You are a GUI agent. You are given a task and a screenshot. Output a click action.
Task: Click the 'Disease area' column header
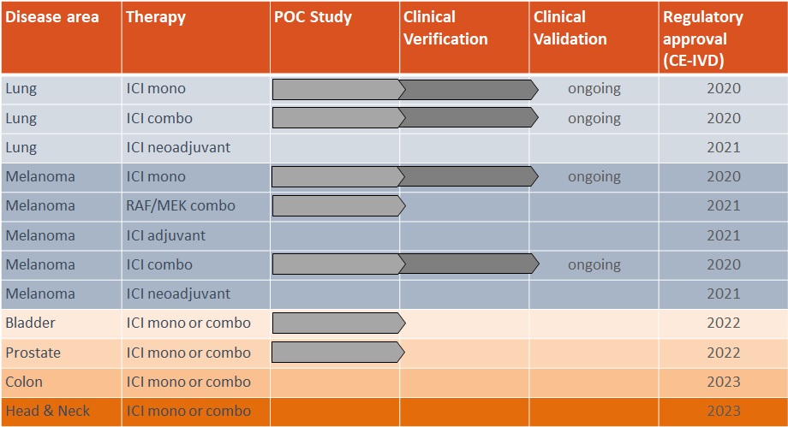[x=52, y=17]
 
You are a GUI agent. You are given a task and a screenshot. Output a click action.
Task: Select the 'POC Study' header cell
[x=313, y=17]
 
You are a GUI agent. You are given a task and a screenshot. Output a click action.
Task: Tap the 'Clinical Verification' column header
[x=445, y=28]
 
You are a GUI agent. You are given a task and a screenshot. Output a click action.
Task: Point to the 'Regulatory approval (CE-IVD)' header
[x=703, y=39]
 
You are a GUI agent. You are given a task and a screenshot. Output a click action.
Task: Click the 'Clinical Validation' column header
[x=570, y=28]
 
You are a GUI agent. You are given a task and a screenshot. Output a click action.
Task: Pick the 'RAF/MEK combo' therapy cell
[x=181, y=205]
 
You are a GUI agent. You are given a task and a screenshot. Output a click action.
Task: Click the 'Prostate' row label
[x=33, y=353]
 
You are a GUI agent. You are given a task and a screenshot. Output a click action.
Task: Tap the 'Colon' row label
[x=24, y=382]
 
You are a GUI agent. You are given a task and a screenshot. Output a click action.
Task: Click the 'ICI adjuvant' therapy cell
[x=166, y=235]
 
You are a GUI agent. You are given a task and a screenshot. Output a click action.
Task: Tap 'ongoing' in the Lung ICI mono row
[x=594, y=88]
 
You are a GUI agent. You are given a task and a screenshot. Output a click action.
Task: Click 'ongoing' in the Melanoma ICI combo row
[x=594, y=264]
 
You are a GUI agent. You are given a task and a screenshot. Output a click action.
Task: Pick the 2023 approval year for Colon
[x=724, y=382]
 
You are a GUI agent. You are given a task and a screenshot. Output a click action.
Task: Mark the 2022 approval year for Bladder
[x=724, y=323]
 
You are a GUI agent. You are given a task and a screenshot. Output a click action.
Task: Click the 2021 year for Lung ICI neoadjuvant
[x=724, y=147]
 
